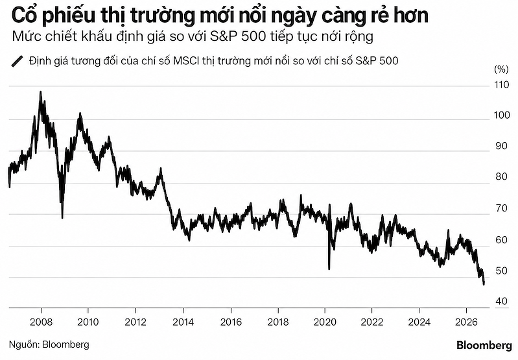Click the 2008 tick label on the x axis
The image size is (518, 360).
pyautogui.click(x=41, y=322)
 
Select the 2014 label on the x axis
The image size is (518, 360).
pyautogui.click(x=183, y=322)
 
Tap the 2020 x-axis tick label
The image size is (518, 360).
pyautogui.click(x=325, y=322)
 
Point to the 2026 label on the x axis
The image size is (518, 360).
pyautogui.click(x=467, y=322)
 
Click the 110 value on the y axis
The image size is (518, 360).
pyautogui.click(x=502, y=85)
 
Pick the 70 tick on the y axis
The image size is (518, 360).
pyautogui.click(x=502, y=209)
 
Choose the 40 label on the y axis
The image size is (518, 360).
pyautogui.click(x=502, y=302)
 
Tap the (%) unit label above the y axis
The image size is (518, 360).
pyautogui.click(x=501, y=69)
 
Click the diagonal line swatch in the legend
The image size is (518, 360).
pyautogui.click(x=18, y=62)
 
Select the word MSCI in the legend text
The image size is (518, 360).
pyautogui.click(x=186, y=61)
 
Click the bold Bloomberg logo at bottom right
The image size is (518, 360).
pyautogui.click(x=484, y=346)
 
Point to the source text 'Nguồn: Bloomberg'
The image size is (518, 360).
pyautogui.click(x=49, y=344)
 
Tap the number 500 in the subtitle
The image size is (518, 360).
pyautogui.click(x=253, y=37)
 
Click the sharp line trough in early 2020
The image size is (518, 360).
pyautogui.click(x=329, y=269)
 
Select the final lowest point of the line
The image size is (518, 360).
pyautogui.click(x=484, y=284)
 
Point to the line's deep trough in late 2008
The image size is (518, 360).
pyautogui.click(x=62, y=218)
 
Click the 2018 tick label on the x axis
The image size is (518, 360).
pyautogui.click(x=278, y=322)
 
